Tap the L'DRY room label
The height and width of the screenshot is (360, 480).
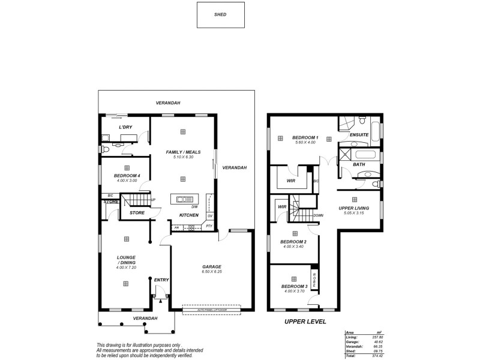(x=125, y=127)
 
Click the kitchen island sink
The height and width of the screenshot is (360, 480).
(x=184, y=198)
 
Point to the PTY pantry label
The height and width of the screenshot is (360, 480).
(x=209, y=227)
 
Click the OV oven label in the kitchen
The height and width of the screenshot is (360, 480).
(x=210, y=215)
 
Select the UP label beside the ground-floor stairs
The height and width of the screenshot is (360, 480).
(x=154, y=200)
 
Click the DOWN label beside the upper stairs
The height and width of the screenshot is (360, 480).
(x=319, y=215)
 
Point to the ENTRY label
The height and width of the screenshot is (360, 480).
(x=161, y=280)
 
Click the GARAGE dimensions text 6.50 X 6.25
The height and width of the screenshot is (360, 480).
(x=212, y=272)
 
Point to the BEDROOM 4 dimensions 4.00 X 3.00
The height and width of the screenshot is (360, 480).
(x=126, y=179)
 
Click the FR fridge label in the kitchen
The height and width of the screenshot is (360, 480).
(x=177, y=227)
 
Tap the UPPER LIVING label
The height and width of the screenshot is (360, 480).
(x=353, y=208)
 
